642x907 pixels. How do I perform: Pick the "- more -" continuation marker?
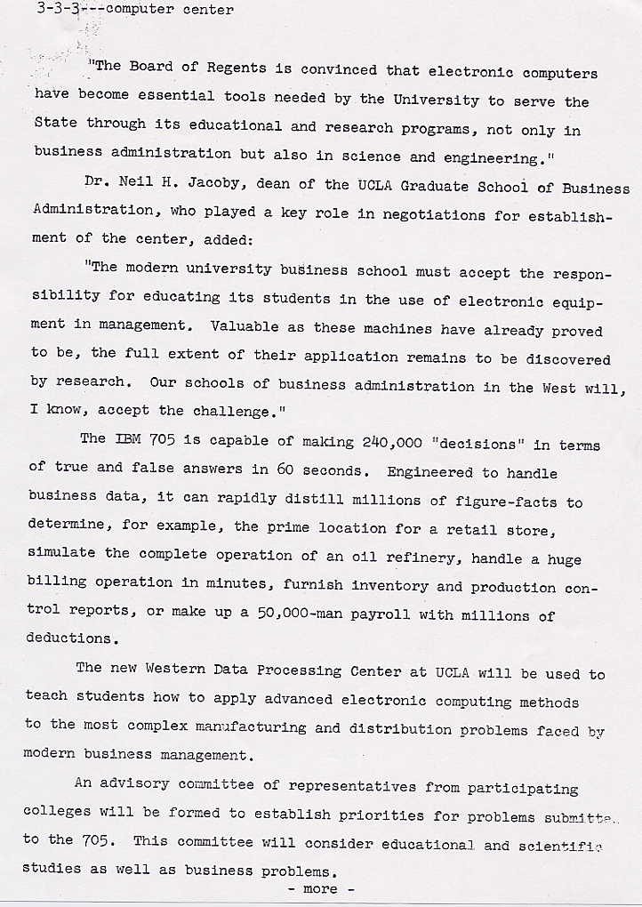320,889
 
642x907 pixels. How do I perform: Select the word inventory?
389,587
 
